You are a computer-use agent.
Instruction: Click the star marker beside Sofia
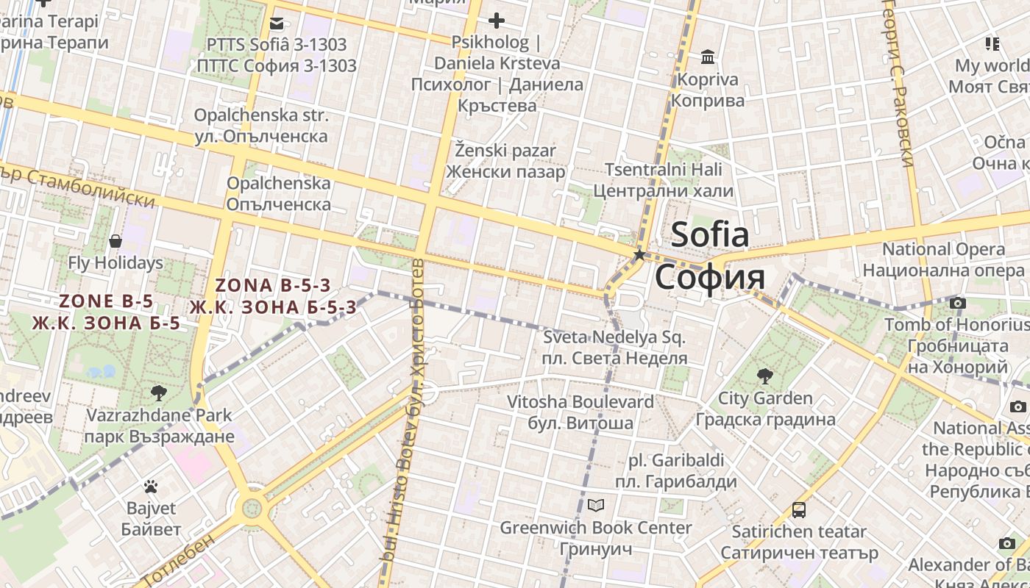[639, 254]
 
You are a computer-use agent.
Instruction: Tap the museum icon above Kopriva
[708, 57]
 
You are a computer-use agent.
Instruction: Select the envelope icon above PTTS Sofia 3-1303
[277, 24]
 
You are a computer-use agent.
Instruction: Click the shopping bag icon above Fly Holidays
[116, 240]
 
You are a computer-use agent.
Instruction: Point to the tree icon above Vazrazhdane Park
[158, 392]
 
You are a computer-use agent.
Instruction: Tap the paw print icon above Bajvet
[151, 486]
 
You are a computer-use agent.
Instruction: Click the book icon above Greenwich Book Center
[596, 506]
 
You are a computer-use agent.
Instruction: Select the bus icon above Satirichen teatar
[799, 509]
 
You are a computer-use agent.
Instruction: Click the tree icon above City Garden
[765, 376]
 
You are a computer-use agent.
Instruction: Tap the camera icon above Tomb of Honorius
[957, 303]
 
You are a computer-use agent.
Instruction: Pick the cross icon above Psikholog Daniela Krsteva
[497, 21]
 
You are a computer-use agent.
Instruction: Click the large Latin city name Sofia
[710, 234]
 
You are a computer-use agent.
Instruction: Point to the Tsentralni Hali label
[664, 170]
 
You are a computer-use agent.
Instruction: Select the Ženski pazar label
[505, 151]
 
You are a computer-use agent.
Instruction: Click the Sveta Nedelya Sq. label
[614, 338]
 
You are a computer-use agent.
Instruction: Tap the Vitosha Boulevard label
[580, 402]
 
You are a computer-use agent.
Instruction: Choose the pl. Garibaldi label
[675, 461]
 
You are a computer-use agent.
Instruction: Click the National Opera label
[943, 249]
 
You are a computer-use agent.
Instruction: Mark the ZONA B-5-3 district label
[273, 285]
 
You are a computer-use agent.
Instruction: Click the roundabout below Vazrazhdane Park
[252, 507]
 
